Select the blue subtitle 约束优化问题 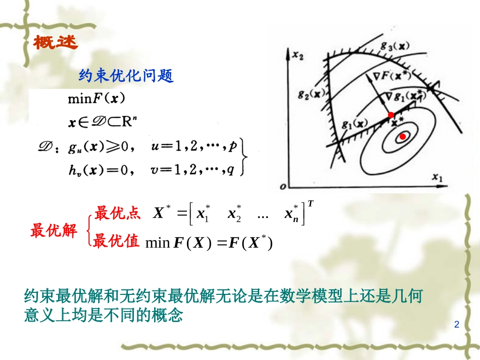[x=126, y=76]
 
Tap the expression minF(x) [x=96, y=98]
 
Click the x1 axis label [x=437, y=177]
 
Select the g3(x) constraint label [x=395, y=46]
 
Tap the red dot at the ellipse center [x=403, y=137]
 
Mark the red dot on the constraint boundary [x=391, y=116]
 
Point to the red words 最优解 [x=54, y=231]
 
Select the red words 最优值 [x=117, y=241]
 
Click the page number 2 [x=457, y=324]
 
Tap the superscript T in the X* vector [x=310, y=203]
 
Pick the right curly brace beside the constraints [x=245, y=157]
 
